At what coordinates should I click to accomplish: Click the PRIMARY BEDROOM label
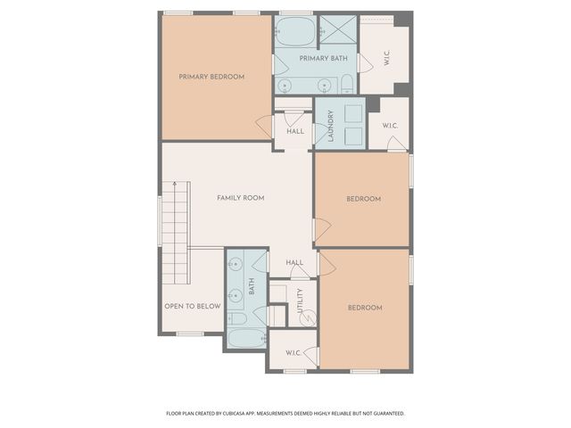[x=211, y=77]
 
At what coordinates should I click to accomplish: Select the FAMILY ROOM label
[x=240, y=198]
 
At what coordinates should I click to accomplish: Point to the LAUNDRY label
[x=330, y=126]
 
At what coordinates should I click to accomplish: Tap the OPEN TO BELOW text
[x=192, y=307]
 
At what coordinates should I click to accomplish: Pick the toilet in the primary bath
[x=347, y=85]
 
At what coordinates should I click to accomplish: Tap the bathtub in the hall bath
[x=245, y=339]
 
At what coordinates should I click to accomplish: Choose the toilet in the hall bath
[x=237, y=317]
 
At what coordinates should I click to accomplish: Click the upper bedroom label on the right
[x=363, y=199]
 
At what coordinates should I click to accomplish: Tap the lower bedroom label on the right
[x=364, y=308]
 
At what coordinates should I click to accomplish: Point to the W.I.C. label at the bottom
[x=294, y=354]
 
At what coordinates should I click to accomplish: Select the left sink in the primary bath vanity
[x=285, y=85]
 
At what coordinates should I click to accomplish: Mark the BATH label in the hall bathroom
[x=252, y=286]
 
